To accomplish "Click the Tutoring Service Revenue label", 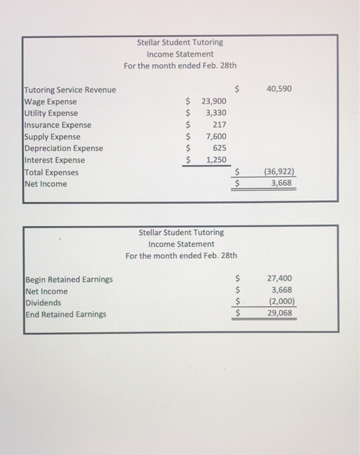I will [x=70, y=90].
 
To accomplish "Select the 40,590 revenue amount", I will [x=279, y=88].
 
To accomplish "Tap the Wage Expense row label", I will [x=50, y=101].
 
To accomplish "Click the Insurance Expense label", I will [x=57, y=125].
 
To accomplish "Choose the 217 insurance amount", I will [x=219, y=125].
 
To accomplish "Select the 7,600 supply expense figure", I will [x=216, y=136].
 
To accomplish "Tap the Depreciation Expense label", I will [x=63, y=148].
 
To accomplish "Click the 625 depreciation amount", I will [x=219, y=148].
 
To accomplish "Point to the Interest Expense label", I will [x=54, y=160].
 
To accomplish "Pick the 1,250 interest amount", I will [x=216, y=160].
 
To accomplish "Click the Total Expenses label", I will [x=51, y=172].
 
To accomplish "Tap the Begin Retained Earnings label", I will [x=68, y=279].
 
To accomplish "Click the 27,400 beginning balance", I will [x=279, y=278].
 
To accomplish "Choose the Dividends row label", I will [x=44, y=303].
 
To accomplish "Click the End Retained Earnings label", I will [x=66, y=315].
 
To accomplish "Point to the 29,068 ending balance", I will [x=279, y=313].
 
